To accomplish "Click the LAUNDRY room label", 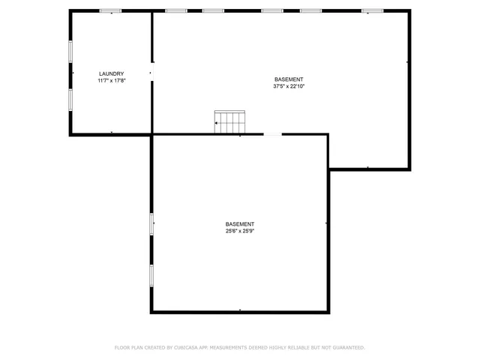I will click(x=111, y=73).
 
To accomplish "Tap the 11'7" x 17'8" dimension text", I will click(x=111, y=80).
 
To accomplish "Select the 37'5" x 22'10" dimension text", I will click(x=289, y=86).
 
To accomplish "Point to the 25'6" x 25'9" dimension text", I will click(x=240, y=230).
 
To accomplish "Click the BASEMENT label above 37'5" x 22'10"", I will click(x=289, y=79).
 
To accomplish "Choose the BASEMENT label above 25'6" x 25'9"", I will click(x=240, y=223).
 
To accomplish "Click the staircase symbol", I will click(x=230, y=122).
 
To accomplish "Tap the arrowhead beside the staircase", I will click(x=217, y=123).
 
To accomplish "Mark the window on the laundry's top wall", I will click(x=110, y=10).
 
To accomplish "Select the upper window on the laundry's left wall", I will click(x=71, y=51).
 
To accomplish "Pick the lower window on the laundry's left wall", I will click(x=71, y=100).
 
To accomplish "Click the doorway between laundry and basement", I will click(x=152, y=73).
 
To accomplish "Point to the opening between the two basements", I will click(x=272, y=135).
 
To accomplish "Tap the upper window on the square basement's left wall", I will click(x=151, y=223).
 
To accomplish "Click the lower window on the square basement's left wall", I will click(x=151, y=274).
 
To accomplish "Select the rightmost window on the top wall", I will click(x=372, y=10).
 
